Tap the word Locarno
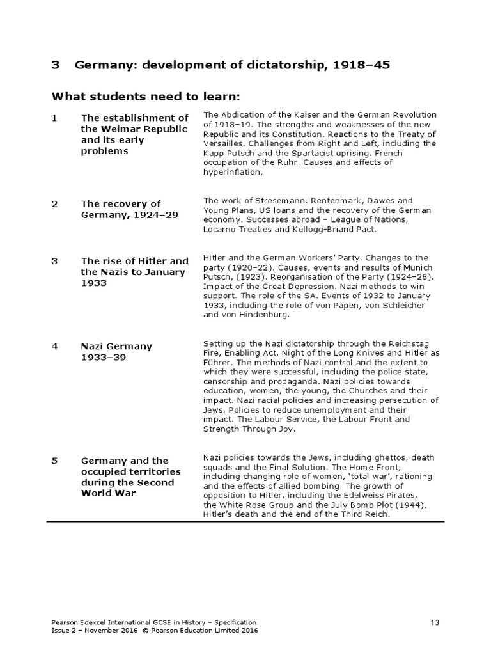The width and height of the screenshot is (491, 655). pyautogui.click(x=222, y=229)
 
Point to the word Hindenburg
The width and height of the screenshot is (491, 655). pyautogui.click(x=261, y=315)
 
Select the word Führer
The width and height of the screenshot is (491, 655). pyautogui.click(x=217, y=362)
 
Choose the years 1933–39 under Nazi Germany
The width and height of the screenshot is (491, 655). pyautogui.click(x=106, y=357)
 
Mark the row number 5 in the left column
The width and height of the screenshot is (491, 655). pyautogui.click(x=54, y=461)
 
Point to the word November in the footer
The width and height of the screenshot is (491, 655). pyautogui.click(x=99, y=630)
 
